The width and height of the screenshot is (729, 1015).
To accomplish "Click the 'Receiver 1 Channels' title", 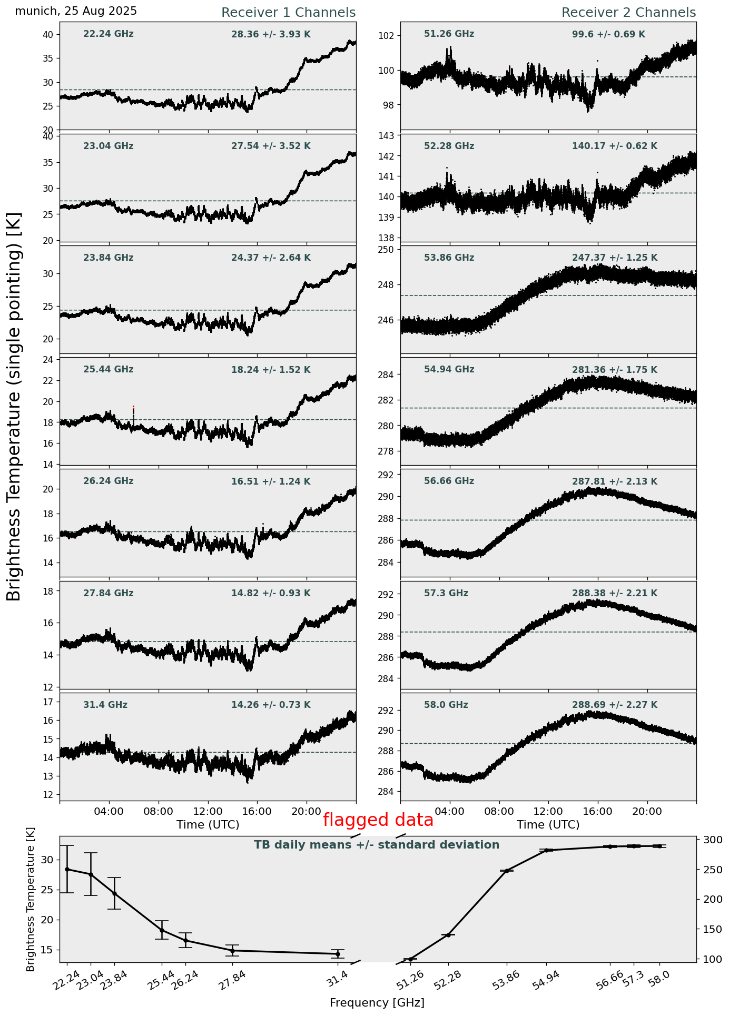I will coord(288,13).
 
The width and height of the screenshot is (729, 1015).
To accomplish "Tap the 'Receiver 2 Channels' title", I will coord(628,13).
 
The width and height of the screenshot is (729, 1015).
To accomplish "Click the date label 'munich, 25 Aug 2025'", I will coord(76,11).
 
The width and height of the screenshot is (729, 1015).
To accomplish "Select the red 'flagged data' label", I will coord(378,820).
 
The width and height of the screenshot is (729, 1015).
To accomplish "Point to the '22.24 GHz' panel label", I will coord(109,34).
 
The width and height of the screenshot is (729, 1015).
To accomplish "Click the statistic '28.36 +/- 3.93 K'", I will coord(271,35).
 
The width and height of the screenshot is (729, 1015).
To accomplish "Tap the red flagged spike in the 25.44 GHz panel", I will coord(133,407).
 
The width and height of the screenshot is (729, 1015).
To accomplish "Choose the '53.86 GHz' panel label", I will coord(449,258).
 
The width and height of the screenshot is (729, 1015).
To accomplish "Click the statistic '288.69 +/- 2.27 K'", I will coord(614,705).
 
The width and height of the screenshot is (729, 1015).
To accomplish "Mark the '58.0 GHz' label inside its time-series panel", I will coord(446,705).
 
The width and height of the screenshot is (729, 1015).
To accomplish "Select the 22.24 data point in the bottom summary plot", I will coord(67,870).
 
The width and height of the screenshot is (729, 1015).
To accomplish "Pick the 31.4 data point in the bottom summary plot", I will coord(338,954).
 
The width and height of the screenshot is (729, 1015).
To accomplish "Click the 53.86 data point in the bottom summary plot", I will coord(507,871).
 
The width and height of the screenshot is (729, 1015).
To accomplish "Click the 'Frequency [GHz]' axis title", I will coord(377,1003).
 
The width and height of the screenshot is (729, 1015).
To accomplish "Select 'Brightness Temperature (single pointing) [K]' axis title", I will coord(14,406).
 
